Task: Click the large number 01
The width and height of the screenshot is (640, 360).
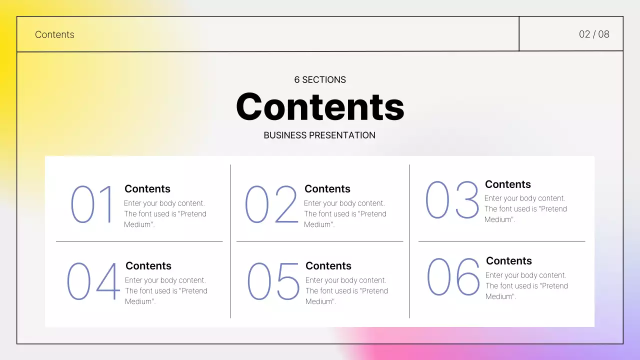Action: (x=93, y=204)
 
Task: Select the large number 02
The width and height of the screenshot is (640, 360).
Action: (x=271, y=204)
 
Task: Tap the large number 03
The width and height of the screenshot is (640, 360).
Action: (x=452, y=199)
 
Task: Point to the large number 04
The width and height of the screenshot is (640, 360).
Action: (x=93, y=281)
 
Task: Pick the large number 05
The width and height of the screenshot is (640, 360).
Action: (x=273, y=281)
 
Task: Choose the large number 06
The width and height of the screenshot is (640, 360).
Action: (x=453, y=276)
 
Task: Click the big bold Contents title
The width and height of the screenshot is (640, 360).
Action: (x=320, y=106)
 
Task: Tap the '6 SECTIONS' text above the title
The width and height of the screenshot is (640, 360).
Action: (x=320, y=79)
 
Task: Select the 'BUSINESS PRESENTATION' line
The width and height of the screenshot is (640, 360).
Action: (x=319, y=135)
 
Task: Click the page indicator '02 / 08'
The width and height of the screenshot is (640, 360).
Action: (x=594, y=34)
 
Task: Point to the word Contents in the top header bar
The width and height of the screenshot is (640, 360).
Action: (x=54, y=34)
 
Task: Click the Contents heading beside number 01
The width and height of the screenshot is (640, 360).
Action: (x=147, y=189)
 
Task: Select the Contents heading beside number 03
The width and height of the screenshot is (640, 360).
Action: (x=508, y=184)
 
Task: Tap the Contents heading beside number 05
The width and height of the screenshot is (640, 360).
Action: (x=328, y=266)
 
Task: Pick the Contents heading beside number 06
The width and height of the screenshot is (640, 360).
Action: (x=509, y=261)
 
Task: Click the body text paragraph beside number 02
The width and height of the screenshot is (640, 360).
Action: (x=345, y=214)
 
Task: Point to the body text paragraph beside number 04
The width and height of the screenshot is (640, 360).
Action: (x=166, y=291)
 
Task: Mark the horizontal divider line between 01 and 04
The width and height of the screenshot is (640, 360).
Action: (x=139, y=241)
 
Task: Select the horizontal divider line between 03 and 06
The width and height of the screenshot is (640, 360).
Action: (x=501, y=241)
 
